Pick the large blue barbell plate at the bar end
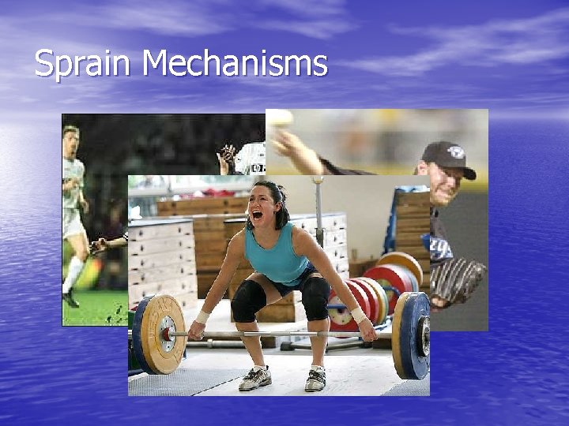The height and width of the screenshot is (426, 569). pyautogui.click(x=413, y=335)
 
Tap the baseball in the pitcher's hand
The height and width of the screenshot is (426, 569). pyautogui.click(x=281, y=119)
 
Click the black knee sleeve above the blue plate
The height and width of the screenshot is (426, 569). pyautogui.click(x=315, y=297)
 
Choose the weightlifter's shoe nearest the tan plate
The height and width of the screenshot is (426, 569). pyautogui.click(x=255, y=378)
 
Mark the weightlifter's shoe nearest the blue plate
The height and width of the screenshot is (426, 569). pyautogui.click(x=315, y=378)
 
